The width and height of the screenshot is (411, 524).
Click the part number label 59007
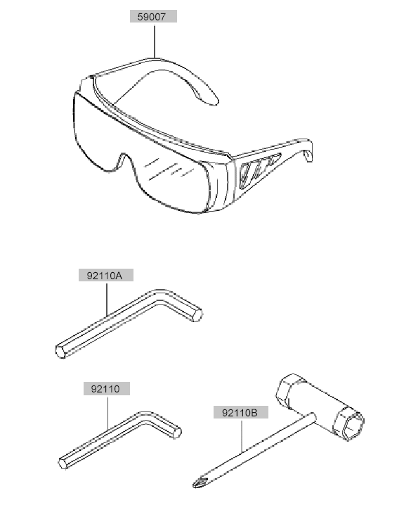point(153,16)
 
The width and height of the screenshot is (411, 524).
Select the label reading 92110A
point(106,276)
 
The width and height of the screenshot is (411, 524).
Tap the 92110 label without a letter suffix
point(107,389)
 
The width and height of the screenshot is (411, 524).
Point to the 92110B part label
point(241,412)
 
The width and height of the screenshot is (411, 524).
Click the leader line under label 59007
point(155,40)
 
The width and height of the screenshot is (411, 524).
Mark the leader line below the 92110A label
point(107,299)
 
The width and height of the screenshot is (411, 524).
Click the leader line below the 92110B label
point(242,435)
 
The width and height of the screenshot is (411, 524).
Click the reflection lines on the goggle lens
point(169,169)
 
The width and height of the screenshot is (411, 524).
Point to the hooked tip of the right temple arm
point(308,155)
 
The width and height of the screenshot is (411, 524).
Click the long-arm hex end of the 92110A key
point(60,352)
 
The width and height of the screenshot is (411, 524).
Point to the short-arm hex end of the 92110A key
point(197,315)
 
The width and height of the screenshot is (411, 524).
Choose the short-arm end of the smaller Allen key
point(177,433)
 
